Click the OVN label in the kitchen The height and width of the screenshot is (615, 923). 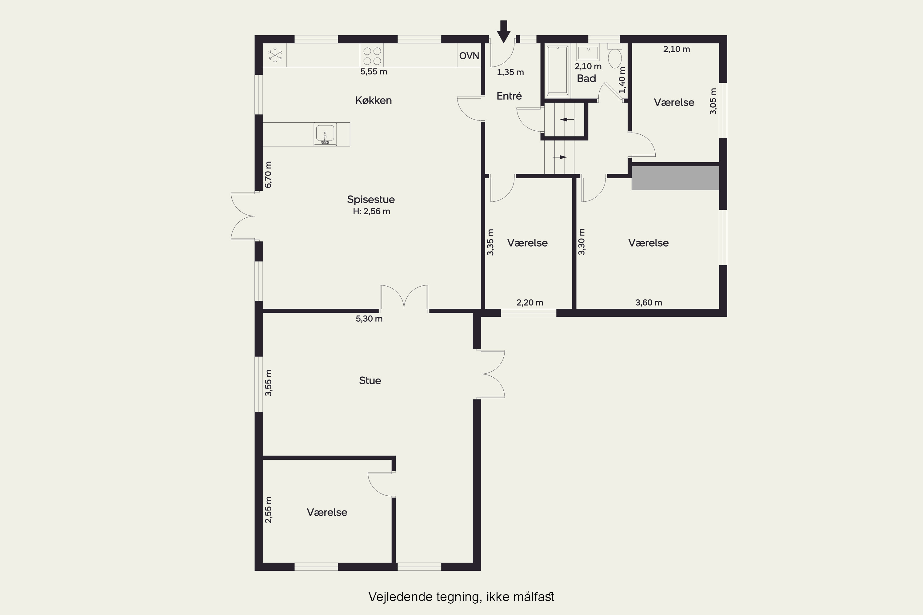point(469,56)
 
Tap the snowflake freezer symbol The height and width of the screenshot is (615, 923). point(275,55)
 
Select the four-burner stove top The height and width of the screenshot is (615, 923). point(372,55)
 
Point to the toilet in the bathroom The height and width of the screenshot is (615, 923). point(614,56)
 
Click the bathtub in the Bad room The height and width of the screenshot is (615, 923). point(557,71)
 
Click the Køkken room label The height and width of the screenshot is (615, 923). point(374,101)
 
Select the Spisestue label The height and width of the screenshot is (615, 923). point(371,199)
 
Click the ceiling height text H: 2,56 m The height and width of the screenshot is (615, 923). point(371,212)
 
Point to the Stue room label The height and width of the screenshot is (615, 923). point(370,380)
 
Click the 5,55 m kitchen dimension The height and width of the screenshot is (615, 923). point(374,72)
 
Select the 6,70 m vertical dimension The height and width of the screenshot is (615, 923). point(268,175)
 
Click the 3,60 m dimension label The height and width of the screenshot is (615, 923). point(649,302)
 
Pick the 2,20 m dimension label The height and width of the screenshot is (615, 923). point(530,302)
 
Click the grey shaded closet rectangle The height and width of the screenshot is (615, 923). point(675,178)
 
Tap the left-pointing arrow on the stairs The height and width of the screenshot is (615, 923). point(567,120)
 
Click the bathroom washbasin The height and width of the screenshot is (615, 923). point(588,53)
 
